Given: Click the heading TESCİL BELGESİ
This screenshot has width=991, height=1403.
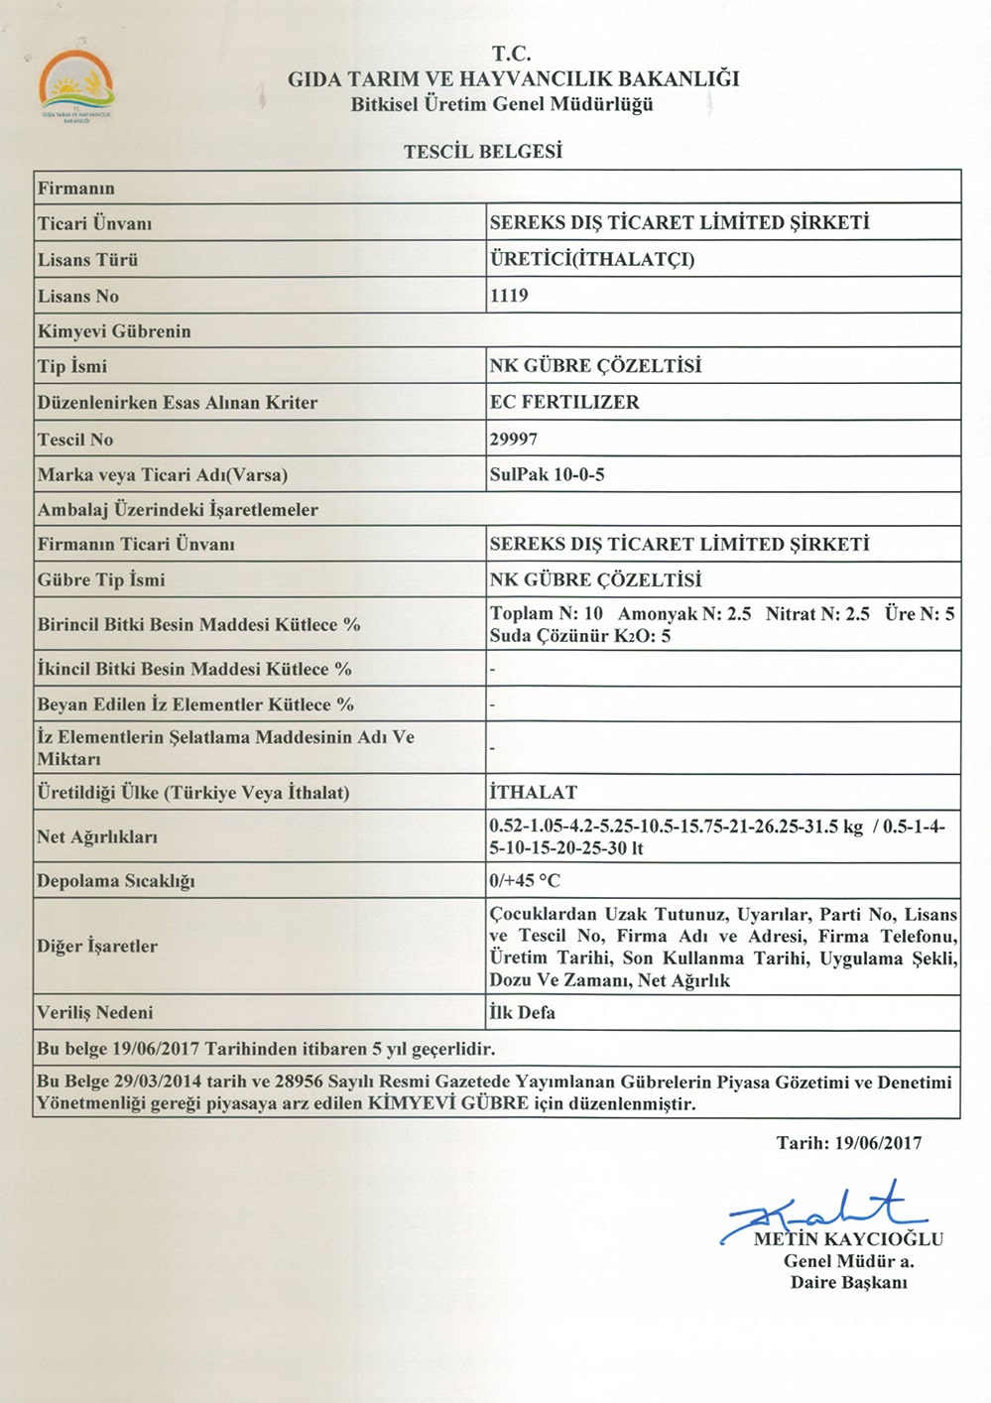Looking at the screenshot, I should coord(483,152).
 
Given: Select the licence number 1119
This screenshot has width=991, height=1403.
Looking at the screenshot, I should coord(509,296).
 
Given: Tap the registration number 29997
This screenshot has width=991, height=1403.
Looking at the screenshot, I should coord(514,439).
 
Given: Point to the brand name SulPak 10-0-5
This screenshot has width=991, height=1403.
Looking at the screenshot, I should coord(547,474).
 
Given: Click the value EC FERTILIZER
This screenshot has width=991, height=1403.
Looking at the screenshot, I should coord(564,402).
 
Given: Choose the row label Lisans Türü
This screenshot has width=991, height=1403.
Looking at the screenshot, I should coord(88,260).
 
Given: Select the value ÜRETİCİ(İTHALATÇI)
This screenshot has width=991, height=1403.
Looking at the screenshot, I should coord(592,259).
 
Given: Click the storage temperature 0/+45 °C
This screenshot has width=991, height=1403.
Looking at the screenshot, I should coord(525,880).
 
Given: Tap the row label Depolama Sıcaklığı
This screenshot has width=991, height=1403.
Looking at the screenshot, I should coord(116,881).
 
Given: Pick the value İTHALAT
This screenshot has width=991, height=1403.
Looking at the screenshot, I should coord(533,792).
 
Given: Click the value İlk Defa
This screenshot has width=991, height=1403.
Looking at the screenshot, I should coord(522,1013).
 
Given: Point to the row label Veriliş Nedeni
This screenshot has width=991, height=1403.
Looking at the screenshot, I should coord(95,1013).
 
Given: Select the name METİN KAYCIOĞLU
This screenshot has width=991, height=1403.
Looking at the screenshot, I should coord(848,1239).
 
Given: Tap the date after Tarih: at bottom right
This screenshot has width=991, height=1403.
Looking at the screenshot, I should coord(878,1143).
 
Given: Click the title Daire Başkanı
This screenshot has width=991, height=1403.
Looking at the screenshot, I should coord(848,1282).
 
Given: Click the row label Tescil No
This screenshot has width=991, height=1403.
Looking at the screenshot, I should coord(75,439).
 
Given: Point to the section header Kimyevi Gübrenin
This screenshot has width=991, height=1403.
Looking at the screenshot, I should coord(114,331).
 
